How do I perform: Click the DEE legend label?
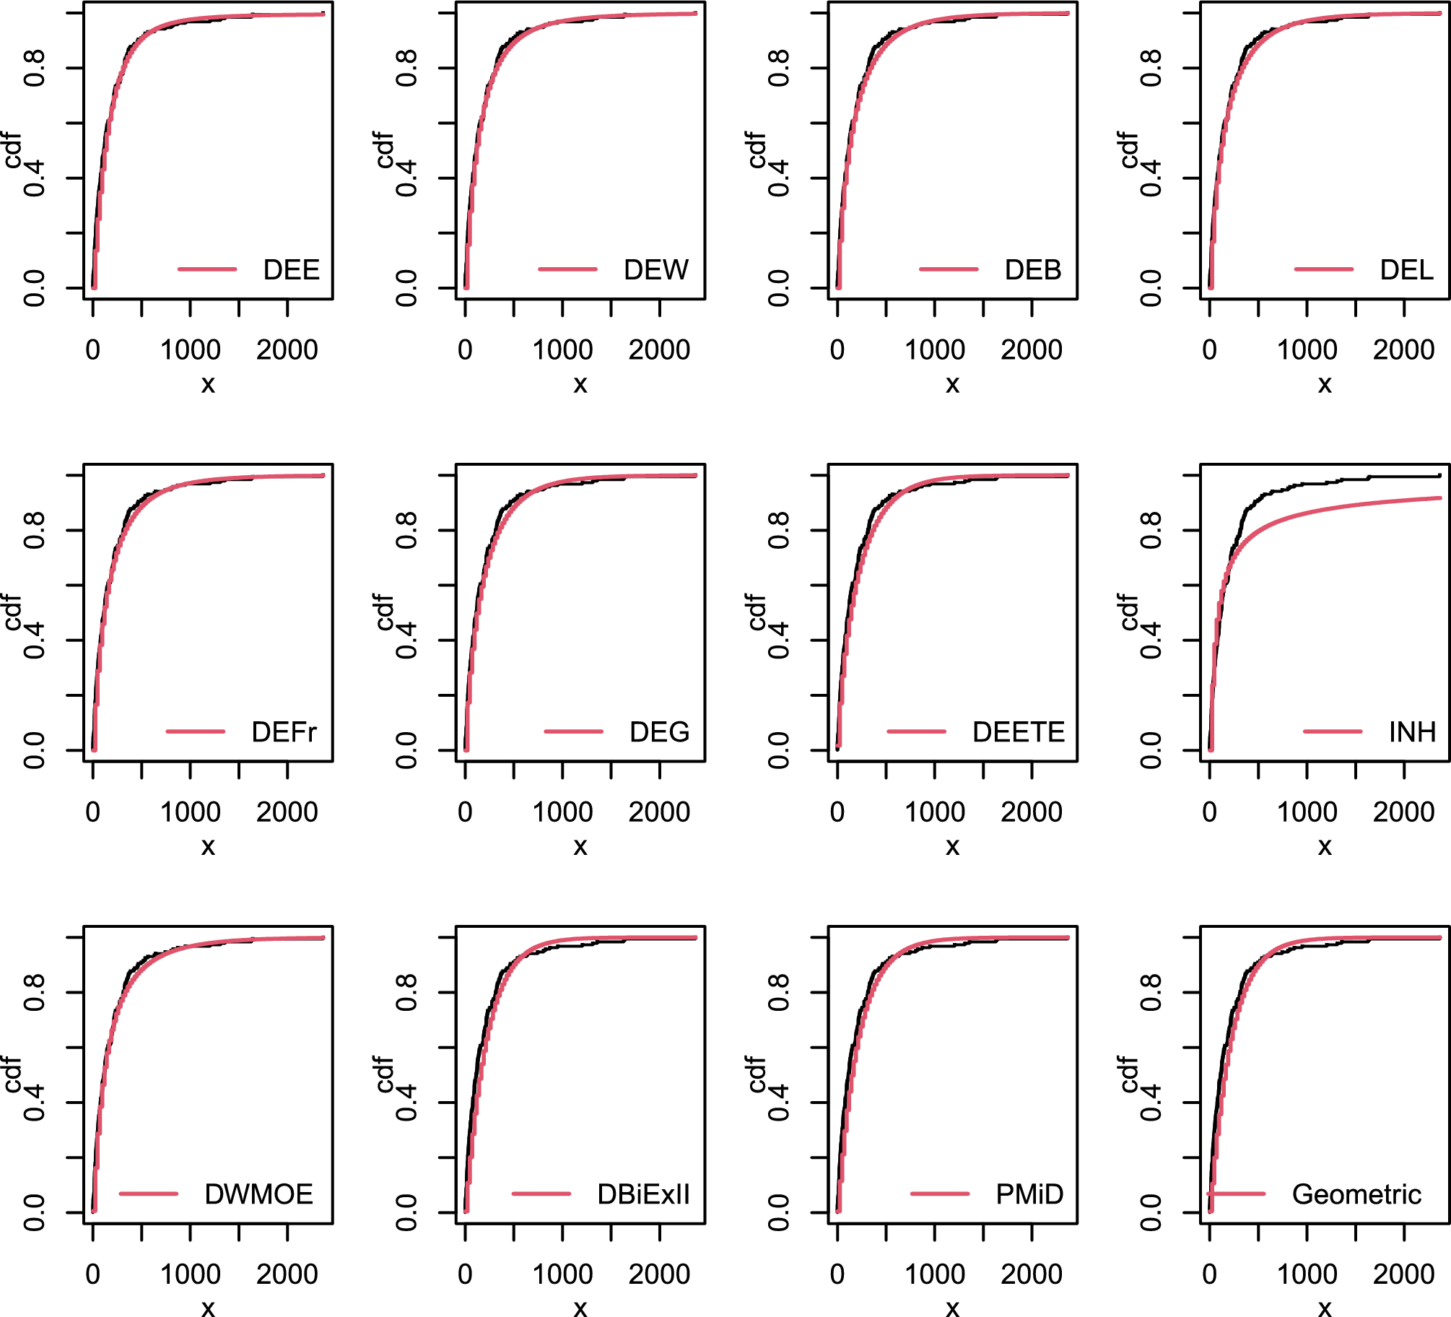point(291,270)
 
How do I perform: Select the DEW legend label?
point(655,270)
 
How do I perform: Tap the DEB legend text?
point(1033,270)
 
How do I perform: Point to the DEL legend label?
point(1406,270)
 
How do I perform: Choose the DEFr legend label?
point(284,732)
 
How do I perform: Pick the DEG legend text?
point(659,732)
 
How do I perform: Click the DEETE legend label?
point(1019,732)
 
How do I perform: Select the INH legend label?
point(1412,732)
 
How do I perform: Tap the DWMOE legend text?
point(258,1194)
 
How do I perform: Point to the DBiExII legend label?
point(643,1194)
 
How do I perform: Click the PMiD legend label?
point(1029,1194)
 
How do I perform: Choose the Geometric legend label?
point(1356,1194)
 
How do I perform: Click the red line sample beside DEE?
point(207,269)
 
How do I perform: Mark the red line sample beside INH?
point(1332,731)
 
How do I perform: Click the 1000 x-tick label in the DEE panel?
point(190,350)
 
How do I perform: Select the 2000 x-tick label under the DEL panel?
point(1403,350)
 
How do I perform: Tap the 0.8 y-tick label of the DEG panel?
point(406,530)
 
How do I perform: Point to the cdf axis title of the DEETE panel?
point(757,612)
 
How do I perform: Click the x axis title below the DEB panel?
point(952,384)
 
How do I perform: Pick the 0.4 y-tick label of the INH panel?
point(1151,640)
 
